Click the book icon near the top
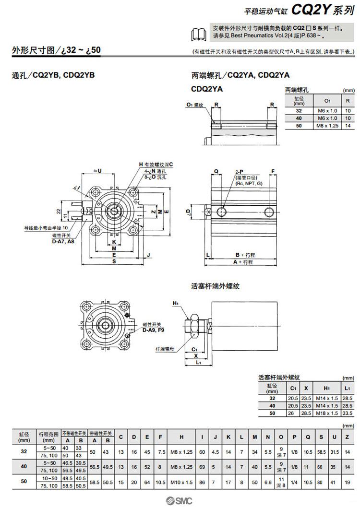199,33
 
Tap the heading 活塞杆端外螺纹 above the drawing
215,286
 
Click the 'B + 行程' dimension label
244,255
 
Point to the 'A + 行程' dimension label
243,262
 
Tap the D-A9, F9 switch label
152,330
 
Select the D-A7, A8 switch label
63,242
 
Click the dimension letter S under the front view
114,262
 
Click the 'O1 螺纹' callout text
195,105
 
